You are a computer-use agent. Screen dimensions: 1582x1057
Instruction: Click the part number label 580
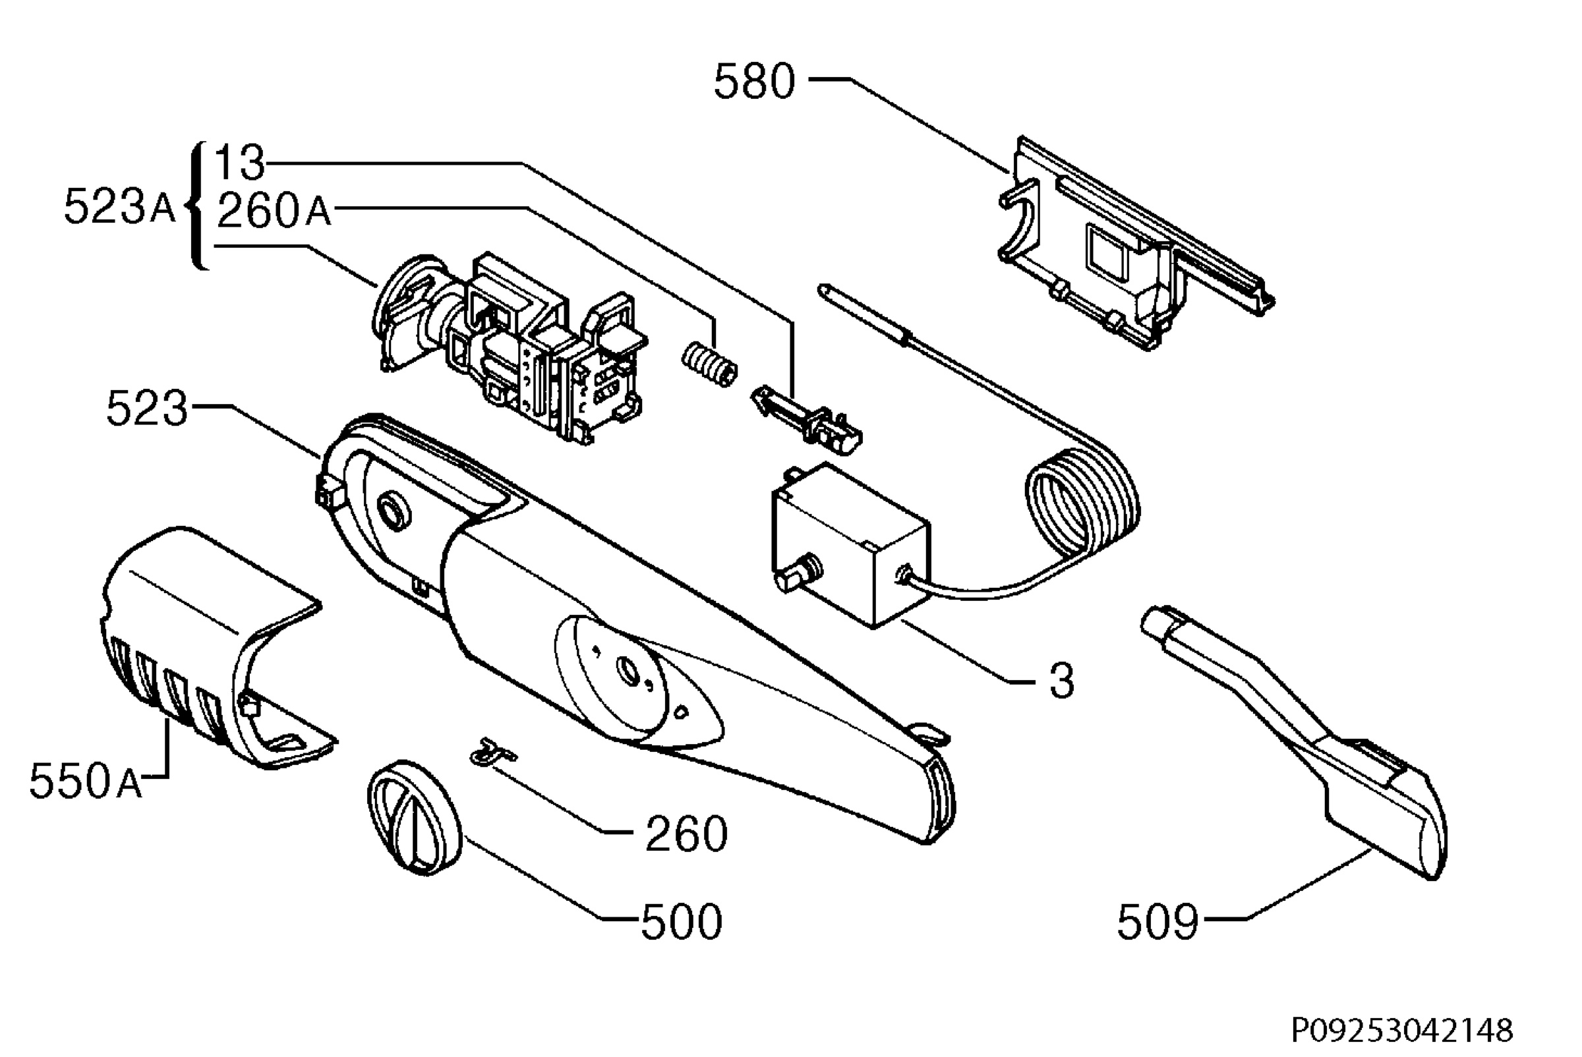tap(755, 82)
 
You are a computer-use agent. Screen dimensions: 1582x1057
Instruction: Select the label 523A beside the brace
tap(119, 206)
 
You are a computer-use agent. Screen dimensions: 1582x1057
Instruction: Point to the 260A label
tap(274, 210)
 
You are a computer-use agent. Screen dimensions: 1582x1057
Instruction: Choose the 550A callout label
tap(86, 782)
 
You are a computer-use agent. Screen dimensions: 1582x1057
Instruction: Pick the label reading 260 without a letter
tap(686, 833)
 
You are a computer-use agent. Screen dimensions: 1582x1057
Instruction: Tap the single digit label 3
tap(1061, 681)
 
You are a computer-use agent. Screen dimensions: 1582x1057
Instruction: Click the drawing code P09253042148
tap(1402, 1030)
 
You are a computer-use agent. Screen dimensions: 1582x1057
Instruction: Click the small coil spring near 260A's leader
tap(709, 364)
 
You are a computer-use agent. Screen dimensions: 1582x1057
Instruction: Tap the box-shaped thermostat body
tap(851, 545)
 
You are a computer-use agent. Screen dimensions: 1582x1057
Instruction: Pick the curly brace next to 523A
tap(198, 206)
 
